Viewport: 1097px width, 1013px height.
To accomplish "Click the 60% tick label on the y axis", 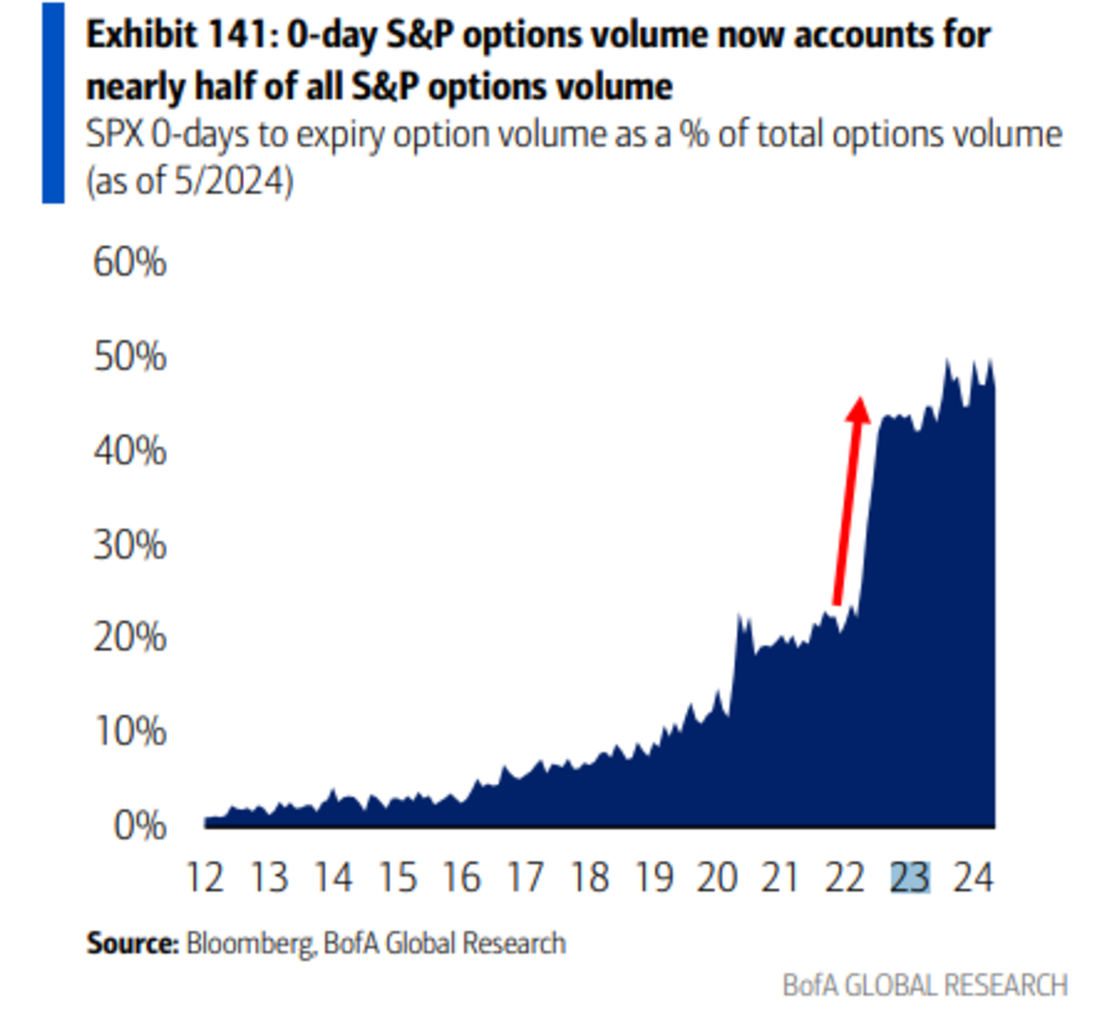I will click(130, 262).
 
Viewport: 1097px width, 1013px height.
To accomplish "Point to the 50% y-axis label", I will click(130, 357).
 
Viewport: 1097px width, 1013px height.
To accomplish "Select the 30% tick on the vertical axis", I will click(130, 545).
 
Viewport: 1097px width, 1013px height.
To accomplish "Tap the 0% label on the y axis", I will click(140, 826).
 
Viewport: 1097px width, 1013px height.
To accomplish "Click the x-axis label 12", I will click(205, 878).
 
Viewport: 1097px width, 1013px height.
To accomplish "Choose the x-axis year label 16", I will click(462, 878).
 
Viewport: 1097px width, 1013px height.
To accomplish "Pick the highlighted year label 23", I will click(911, 878).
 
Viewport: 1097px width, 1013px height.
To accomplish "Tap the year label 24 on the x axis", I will click(974, 878).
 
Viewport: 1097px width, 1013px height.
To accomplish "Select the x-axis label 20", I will click(718, 878).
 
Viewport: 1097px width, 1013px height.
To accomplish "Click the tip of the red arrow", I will click(858, 399).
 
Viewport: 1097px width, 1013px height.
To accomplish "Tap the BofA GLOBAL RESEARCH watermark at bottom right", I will click(925, 985).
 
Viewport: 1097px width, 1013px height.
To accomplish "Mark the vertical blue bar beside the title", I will click(53, 102).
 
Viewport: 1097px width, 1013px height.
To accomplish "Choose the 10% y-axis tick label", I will click(130, 731).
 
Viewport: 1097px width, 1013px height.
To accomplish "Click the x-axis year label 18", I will click(590, 878).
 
